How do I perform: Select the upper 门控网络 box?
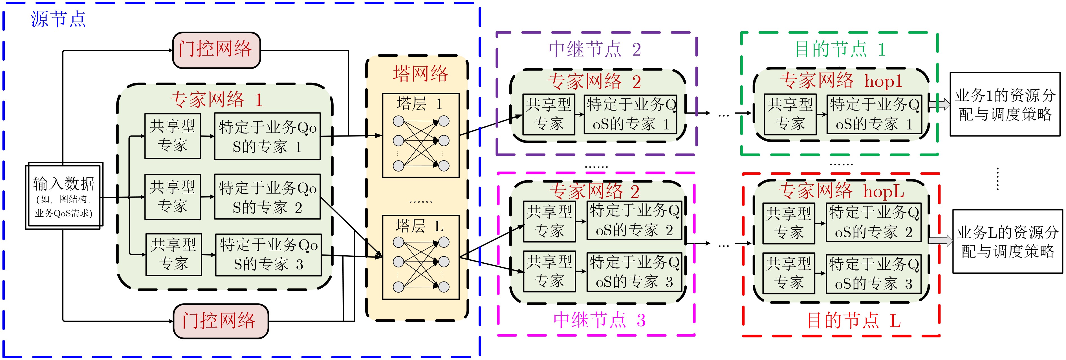point(216,50)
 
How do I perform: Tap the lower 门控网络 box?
point(221,321)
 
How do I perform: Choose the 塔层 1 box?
point(420,135)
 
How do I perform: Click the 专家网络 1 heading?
point(216,100)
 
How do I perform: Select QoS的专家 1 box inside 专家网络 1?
point(267,137)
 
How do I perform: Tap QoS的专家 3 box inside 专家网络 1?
point(268,254)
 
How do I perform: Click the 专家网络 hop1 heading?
point(841,80)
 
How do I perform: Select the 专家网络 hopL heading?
point(841,191)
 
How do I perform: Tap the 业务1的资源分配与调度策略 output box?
point(1005,104)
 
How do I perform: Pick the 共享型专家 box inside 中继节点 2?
point(548,115)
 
